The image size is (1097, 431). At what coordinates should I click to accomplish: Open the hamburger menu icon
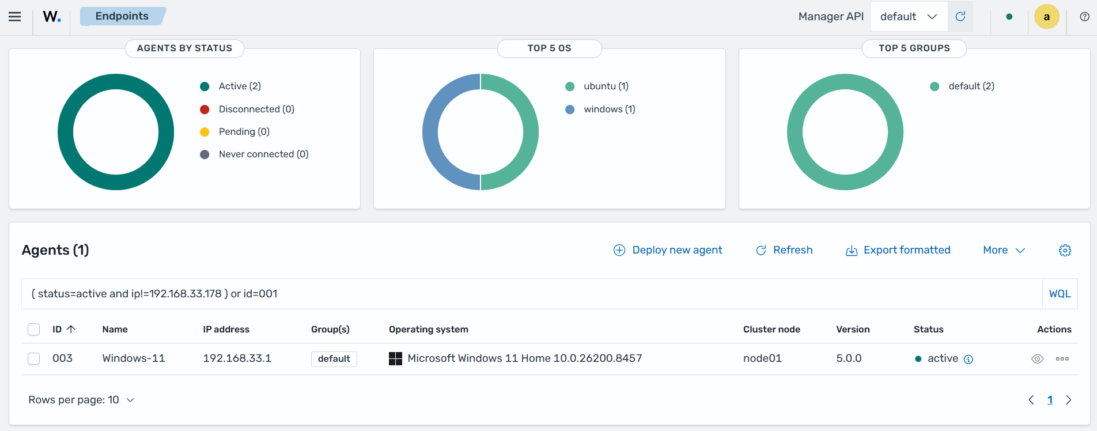click(15, 17)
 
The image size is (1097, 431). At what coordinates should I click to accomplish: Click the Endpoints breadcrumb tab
click(122, 16)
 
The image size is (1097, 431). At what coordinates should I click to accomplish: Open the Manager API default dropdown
click(909, 17)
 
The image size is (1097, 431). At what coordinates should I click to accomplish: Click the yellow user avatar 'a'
click(1047, 17)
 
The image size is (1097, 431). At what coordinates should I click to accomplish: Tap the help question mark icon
click(1084, 17)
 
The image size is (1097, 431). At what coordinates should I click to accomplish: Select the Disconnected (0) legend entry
click(247, 109)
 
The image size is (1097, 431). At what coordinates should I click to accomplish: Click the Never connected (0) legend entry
click(254, 154)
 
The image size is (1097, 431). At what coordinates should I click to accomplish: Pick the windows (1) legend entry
click(600, 109)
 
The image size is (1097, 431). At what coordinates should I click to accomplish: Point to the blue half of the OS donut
click(430, 132)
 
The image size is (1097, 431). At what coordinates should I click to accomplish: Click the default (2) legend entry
click(962, 86)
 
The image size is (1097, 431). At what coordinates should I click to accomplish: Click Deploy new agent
click(668, 250)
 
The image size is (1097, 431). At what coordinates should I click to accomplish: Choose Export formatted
click(898, 250)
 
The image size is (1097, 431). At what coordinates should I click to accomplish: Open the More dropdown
click(1004, 250)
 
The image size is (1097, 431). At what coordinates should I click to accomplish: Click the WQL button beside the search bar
click(1060, 294)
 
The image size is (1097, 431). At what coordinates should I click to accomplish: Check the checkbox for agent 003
click(34, 358)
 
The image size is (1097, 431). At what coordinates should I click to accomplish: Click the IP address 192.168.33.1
click(237, 358)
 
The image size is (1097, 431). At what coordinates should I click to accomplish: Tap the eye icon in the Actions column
click(1037, 359)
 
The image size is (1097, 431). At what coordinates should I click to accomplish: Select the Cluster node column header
click(771, 330)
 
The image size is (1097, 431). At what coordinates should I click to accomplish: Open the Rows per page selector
click(81, 400)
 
